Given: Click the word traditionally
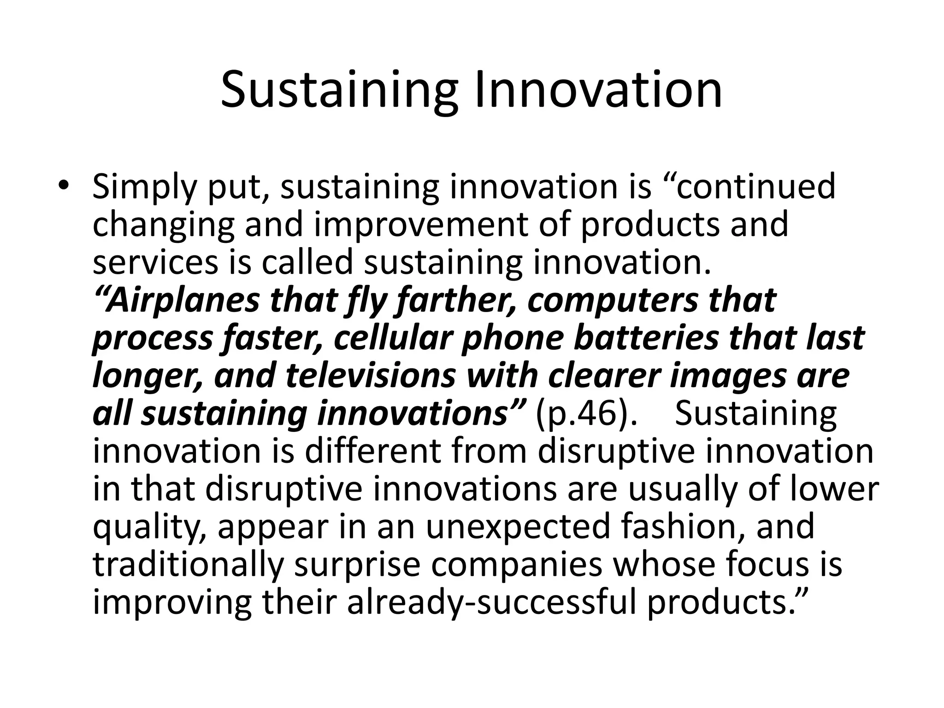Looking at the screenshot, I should click(188, 565).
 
